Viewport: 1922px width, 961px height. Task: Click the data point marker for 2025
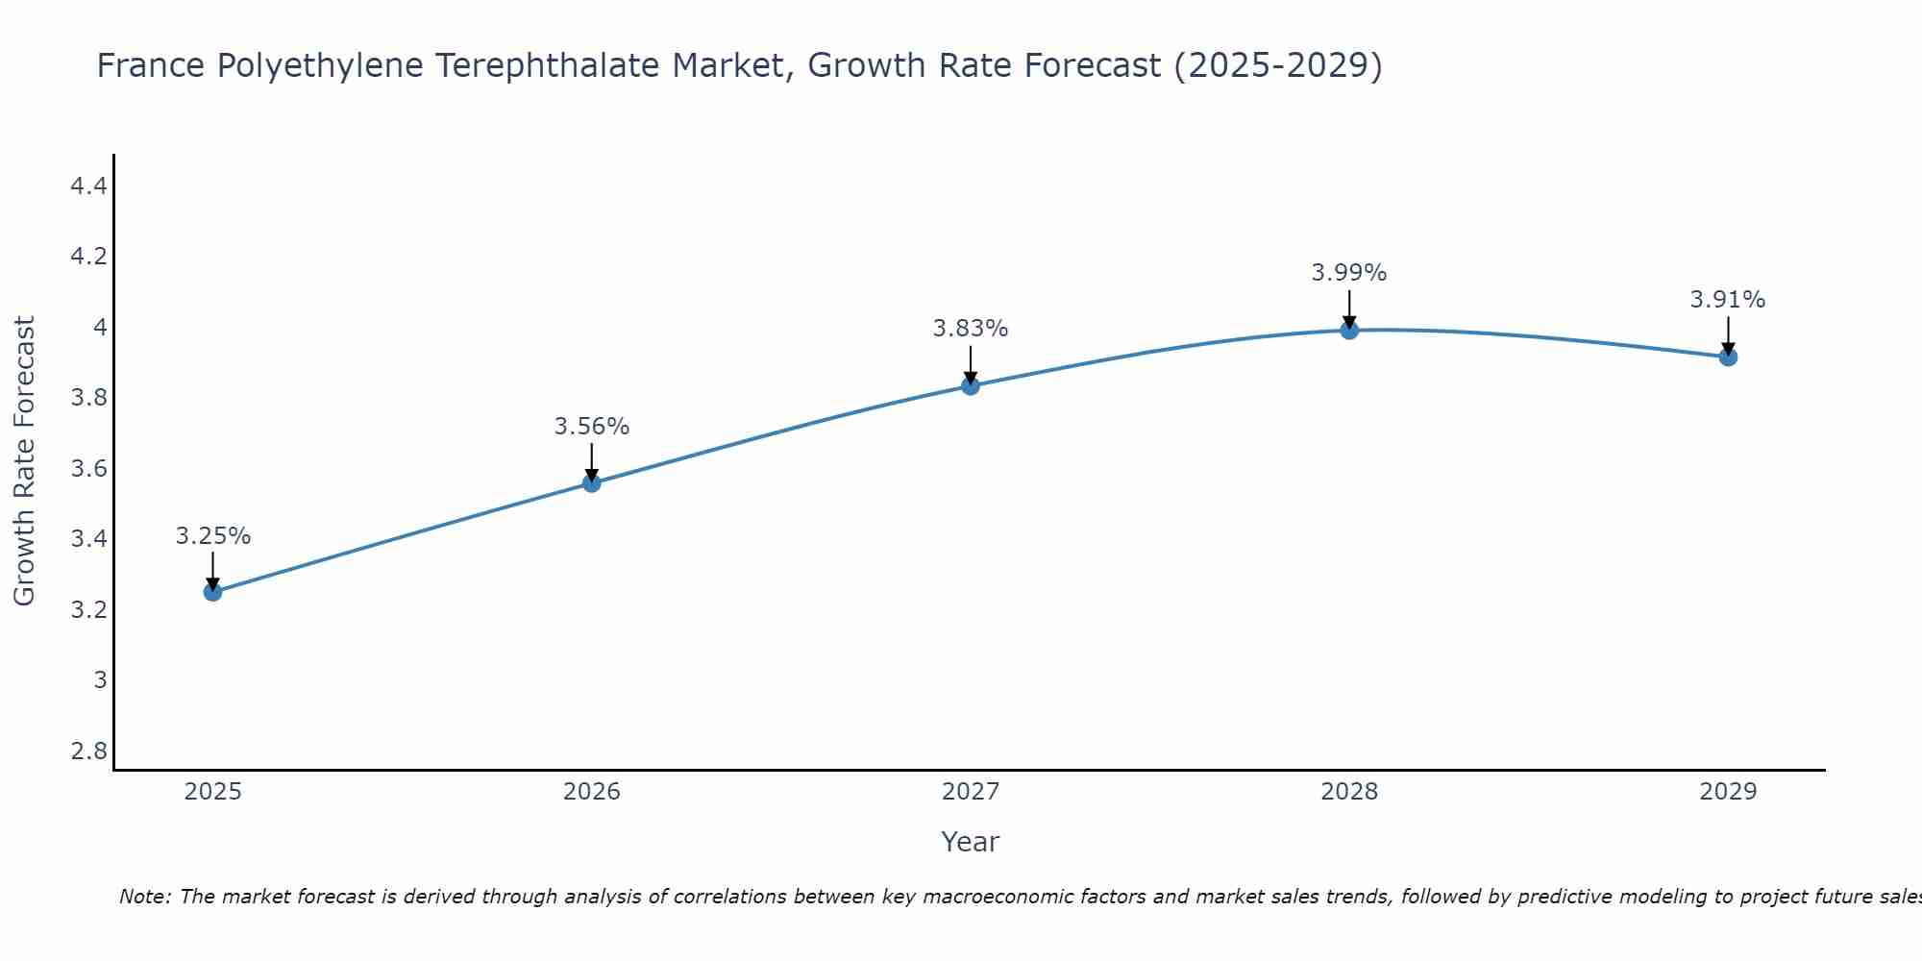click(213, 592)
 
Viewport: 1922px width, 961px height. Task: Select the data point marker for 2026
click(592, 483)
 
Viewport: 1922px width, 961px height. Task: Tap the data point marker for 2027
click(971, 386)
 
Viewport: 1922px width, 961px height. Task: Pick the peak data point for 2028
click(1349, 331)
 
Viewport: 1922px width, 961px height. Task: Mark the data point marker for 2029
click(1728, 357)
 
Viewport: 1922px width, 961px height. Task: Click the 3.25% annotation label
click(213, 536)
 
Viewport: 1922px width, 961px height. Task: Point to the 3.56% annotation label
click(592, 427)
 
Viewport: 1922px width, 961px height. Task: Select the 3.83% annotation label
click(971, 329)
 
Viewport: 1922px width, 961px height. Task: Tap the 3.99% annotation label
click(1349, 273)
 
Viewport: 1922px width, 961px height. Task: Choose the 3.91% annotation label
click(1728, 300)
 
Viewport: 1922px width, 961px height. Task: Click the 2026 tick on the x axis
click(592, 792)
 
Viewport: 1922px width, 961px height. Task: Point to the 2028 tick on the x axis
click(1349, 792)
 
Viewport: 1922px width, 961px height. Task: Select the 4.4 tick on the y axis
click(88, 186)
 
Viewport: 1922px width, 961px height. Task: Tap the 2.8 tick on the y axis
click(88, 751)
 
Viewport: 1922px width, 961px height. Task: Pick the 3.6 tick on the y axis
click(88, 469)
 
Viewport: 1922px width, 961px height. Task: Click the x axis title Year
click(971, 842)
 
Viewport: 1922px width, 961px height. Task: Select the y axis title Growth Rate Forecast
click(24, 461)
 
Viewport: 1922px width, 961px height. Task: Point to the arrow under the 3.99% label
click(1349, 309)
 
